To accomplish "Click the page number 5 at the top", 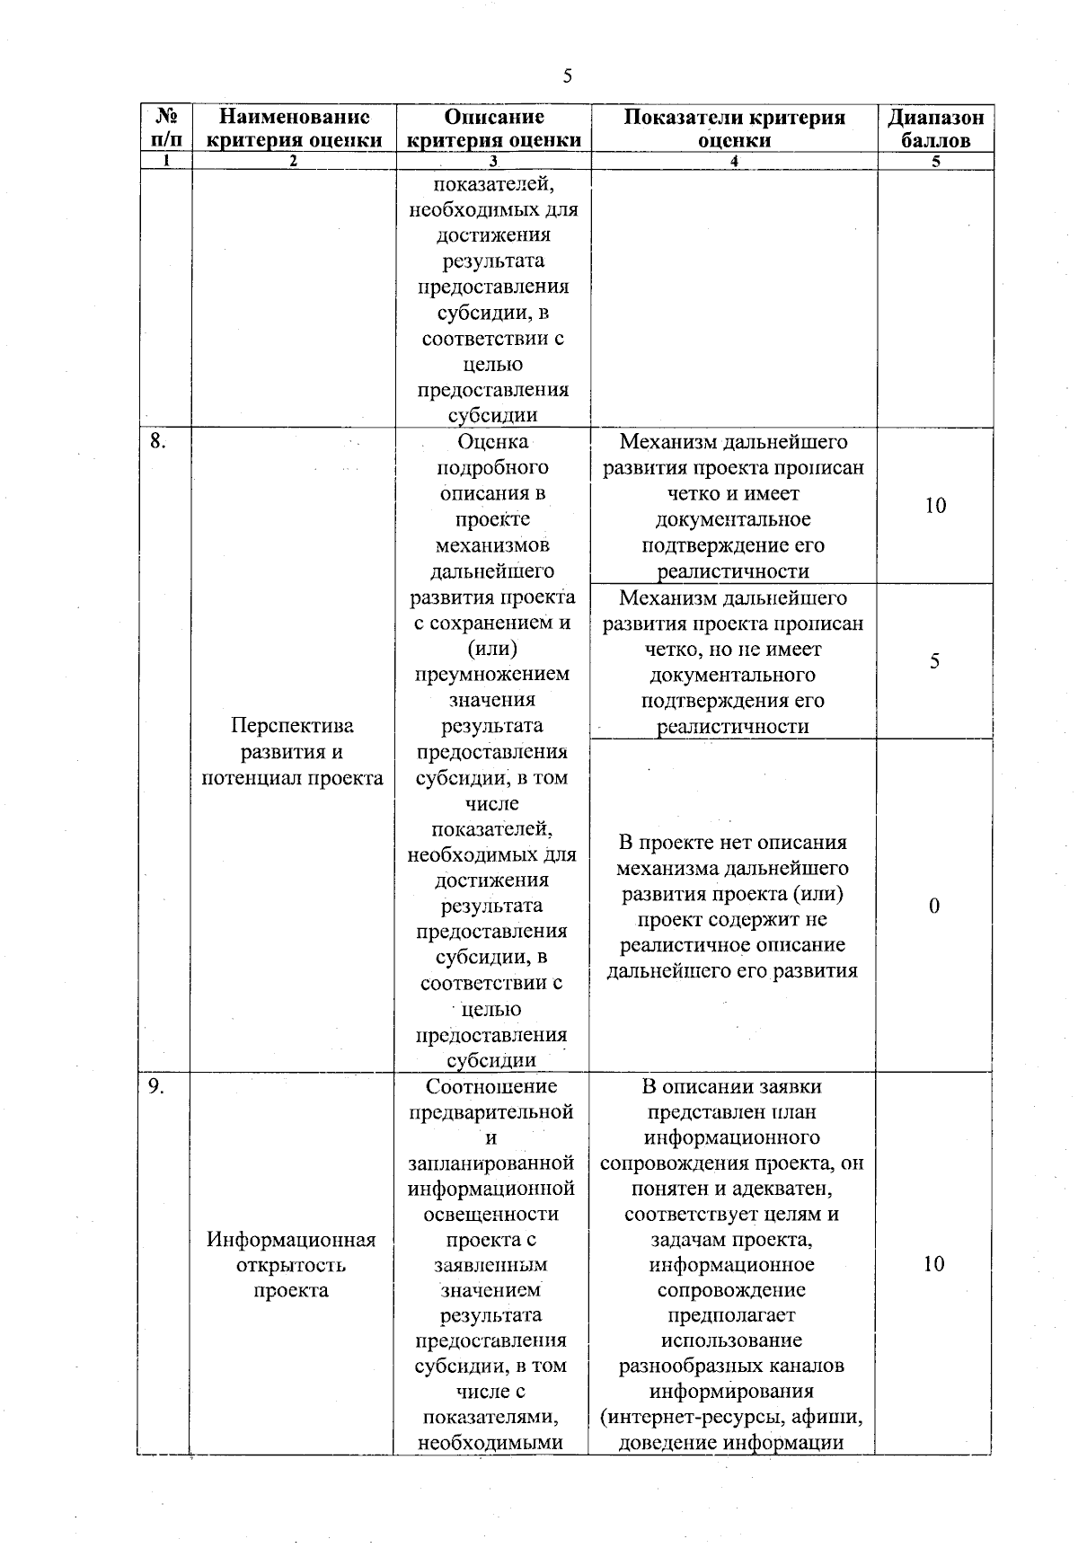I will click(567, 76).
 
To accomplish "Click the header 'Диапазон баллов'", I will click(935, 128).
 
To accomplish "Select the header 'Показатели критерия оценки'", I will click(734, 128).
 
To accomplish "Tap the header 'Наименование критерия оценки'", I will click(294, 128).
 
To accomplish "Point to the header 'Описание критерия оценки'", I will click(493, 128).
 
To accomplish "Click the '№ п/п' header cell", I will click(164, 128).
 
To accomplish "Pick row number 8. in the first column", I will click(158, 441).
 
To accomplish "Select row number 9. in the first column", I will click(157, 1086).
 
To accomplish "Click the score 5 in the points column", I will click(934, 662).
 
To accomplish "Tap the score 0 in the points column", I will click(934, 907).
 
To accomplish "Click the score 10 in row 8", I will click(935, 506).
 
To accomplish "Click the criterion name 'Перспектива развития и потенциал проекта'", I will click(292, 751).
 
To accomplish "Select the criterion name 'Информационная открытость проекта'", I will click(291, 1265).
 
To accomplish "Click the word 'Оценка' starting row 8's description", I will click(492, 442).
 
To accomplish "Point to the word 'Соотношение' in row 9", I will click(491, 1087).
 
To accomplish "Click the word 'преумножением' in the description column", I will click(491, 674).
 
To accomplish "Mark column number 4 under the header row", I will click(734, 162).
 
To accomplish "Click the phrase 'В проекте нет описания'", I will click(732, 843).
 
